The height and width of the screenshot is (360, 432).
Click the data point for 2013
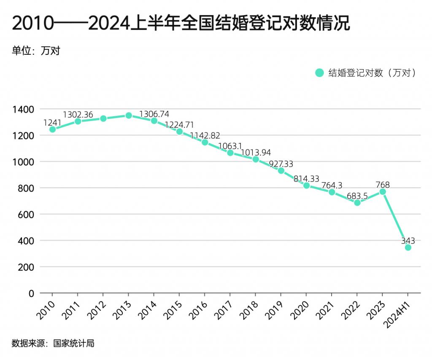129,115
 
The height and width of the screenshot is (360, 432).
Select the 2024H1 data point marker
408,247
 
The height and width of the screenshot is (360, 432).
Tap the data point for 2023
383,191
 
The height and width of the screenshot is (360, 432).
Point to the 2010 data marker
52,129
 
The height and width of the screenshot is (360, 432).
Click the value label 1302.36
78,115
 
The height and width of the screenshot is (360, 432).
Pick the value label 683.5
357,196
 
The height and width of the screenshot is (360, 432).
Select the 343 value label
408,241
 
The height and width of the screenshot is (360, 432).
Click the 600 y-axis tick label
28,214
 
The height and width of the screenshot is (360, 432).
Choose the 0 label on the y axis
32,293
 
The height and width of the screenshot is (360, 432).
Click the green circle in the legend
319,73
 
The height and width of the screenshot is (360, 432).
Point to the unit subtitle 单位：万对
36,51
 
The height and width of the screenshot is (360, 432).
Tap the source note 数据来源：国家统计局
53,343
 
